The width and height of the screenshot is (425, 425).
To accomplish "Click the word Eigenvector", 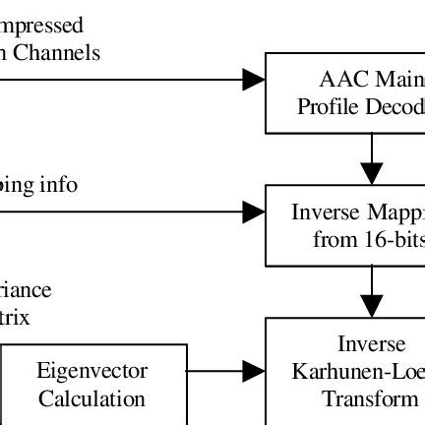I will (92, 371).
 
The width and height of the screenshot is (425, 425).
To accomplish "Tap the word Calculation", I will (92, 398).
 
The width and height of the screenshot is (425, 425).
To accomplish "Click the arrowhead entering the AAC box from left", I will (254, 80).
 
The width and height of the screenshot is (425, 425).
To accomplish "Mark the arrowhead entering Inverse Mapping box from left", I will (254, 211).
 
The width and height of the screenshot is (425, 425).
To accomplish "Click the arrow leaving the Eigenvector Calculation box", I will (226, 371).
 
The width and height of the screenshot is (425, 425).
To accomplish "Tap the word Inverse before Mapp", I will (328, 212).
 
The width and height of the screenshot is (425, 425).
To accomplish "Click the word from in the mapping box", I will (331, 239).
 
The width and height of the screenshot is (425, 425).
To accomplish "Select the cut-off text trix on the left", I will (16, 317).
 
